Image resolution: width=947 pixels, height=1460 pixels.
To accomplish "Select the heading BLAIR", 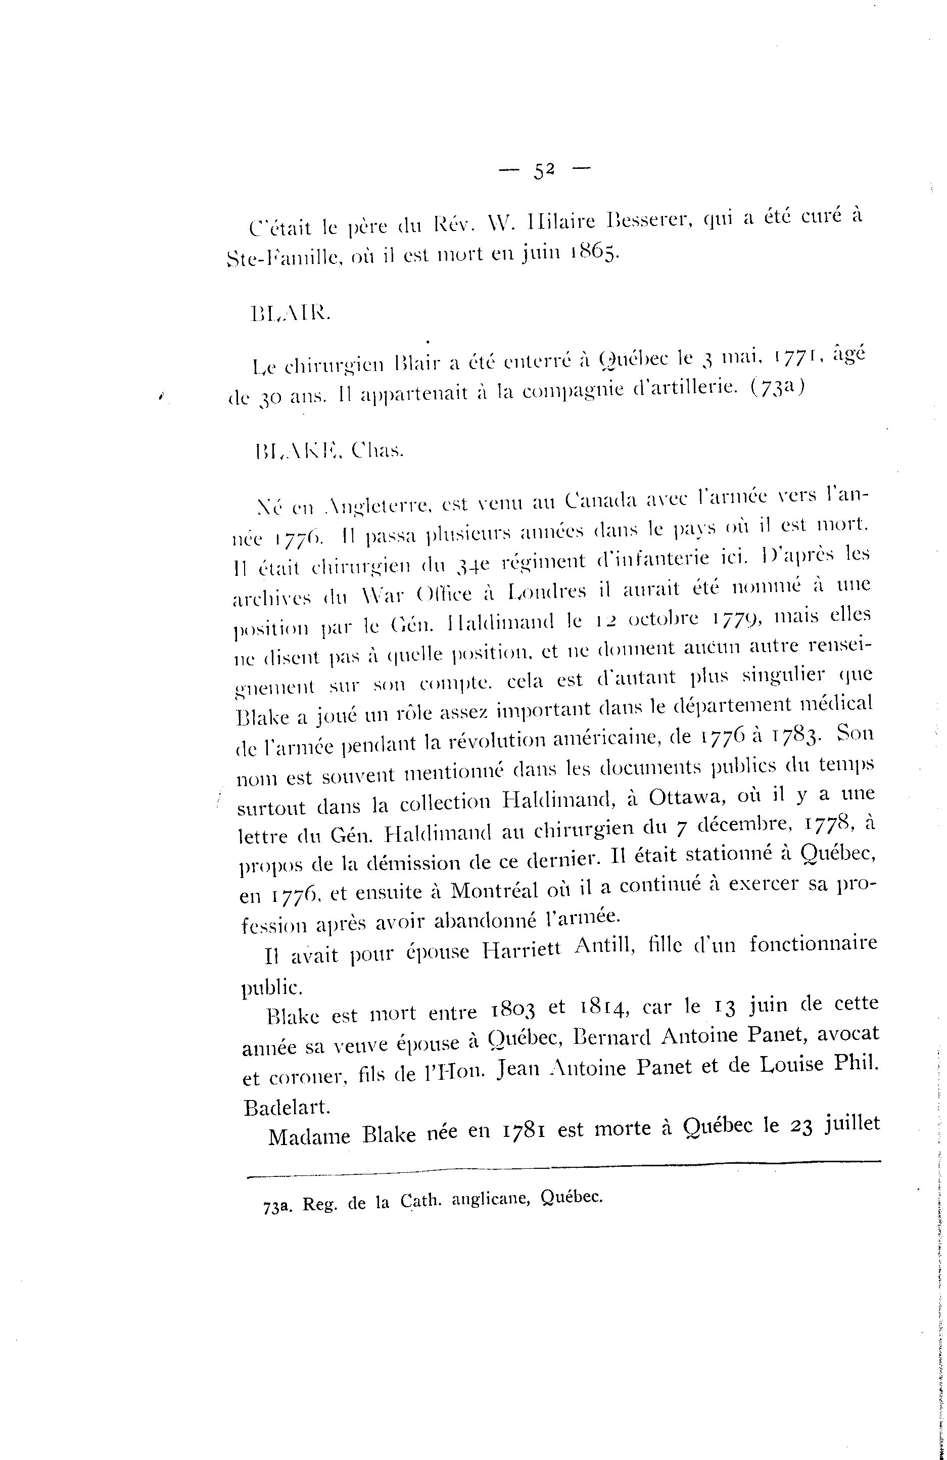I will (x=291, y=314).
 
